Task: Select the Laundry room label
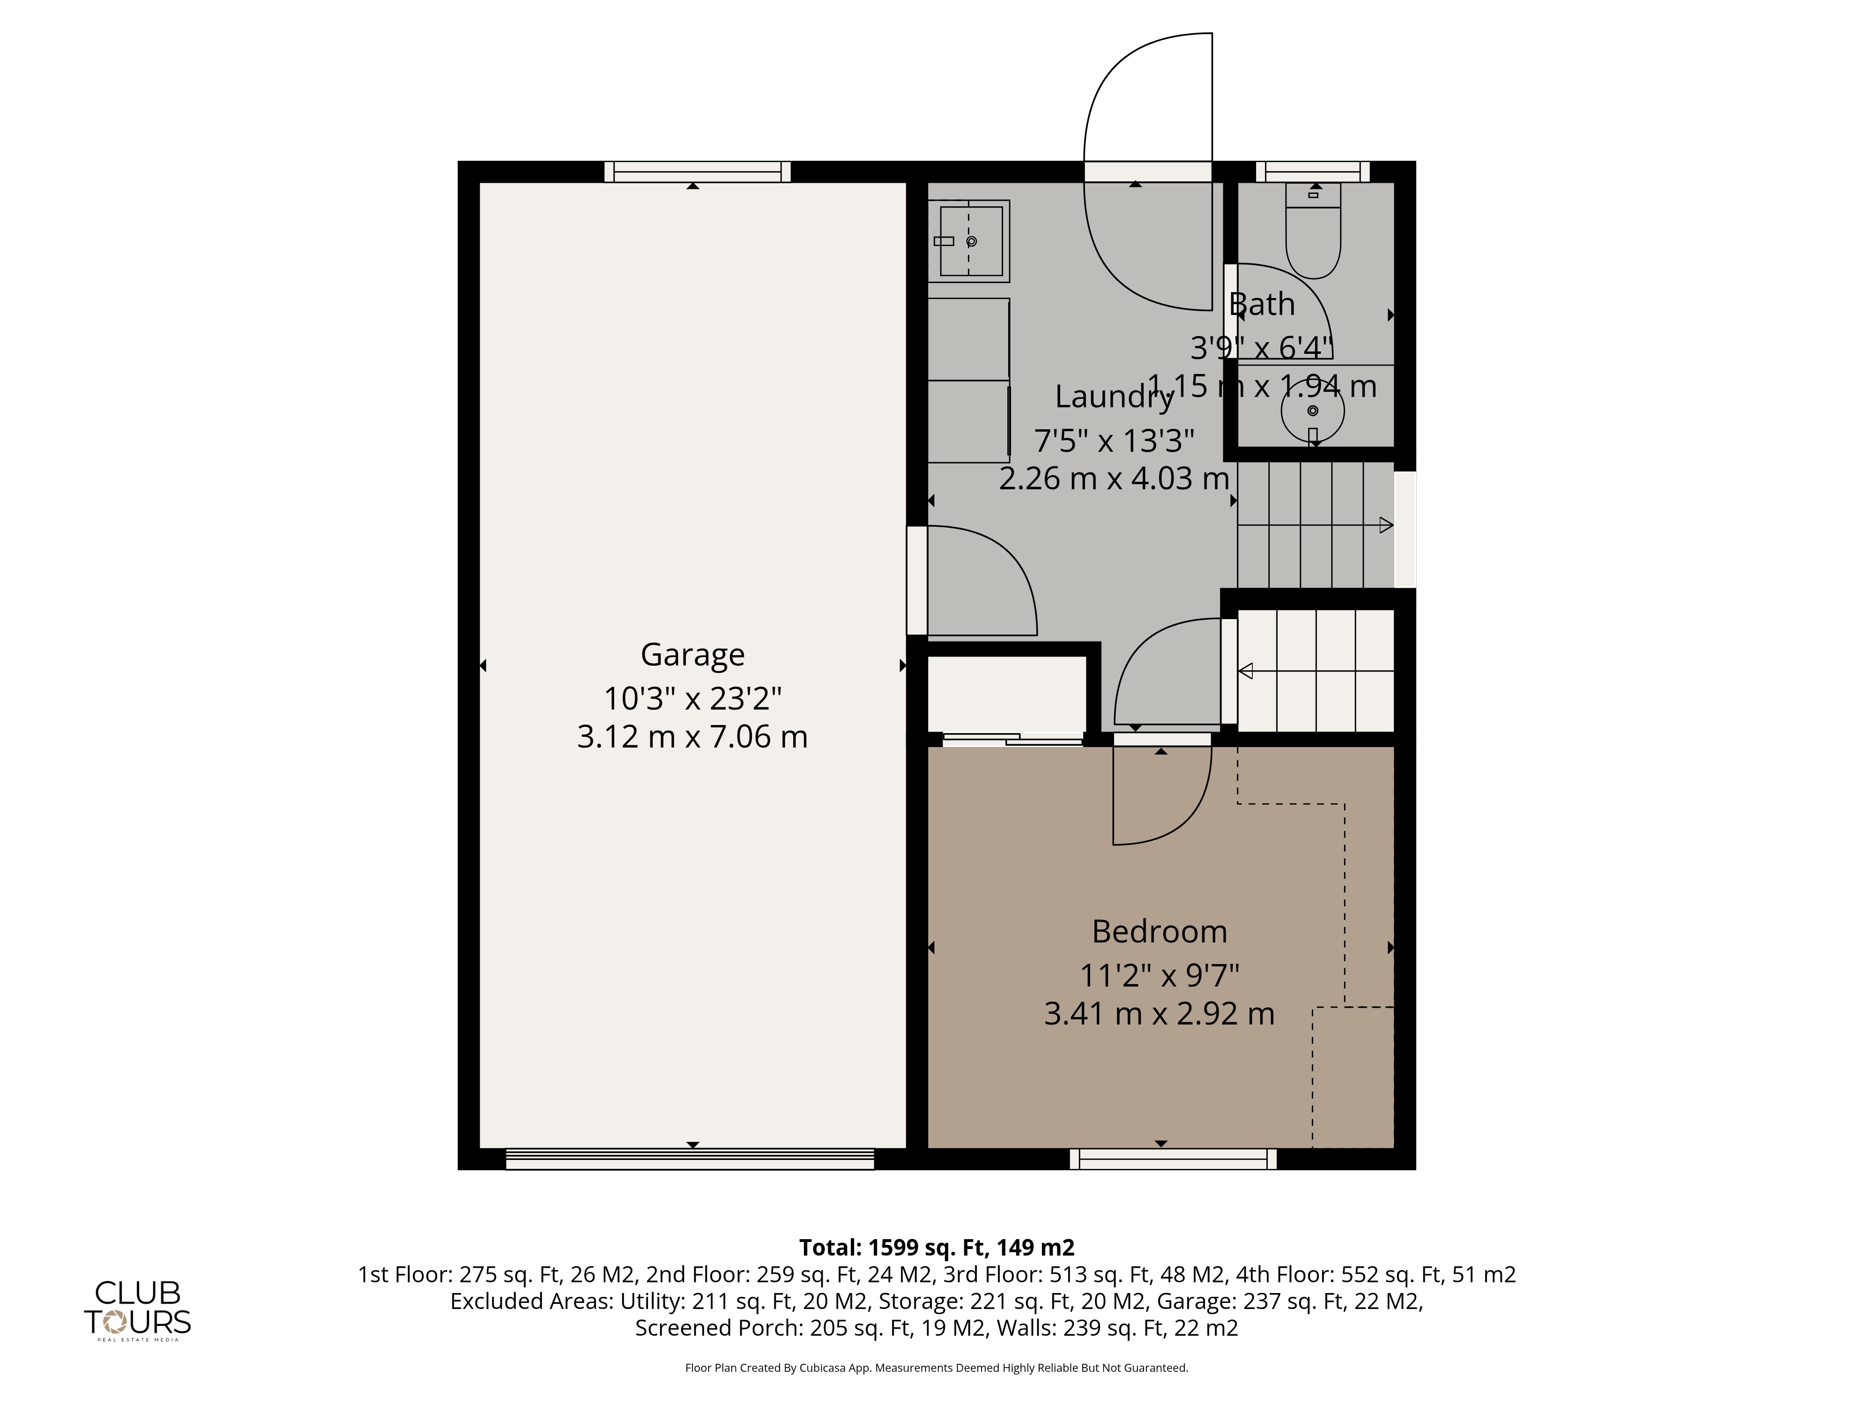pyautogui.click(x=1113, y=396)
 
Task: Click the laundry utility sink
pyautogui.click(x=968, y=241)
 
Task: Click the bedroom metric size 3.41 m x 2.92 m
pyautogui.click(x=1159, y=1014)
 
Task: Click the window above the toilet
pyautogui.click(x=1312, y=171)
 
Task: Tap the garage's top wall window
pyautogui.click(x=697, y=171)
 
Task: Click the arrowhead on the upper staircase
pyautogui.click(x=1386, y=525)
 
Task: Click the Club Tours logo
pyautogui.click(x=137, y=1309)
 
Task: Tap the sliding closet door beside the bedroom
pyautogui.click(x=1012, y=739)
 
